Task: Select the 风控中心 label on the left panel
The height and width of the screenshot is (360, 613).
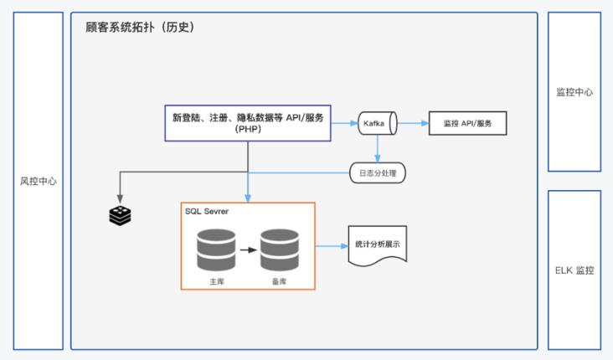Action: (39, 181)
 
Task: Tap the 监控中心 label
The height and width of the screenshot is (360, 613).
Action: (574, 92)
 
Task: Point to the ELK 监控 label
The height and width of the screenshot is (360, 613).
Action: (574, 270)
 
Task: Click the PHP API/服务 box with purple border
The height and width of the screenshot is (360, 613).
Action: (248, 123)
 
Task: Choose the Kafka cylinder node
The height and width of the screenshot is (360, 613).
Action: (378, 123)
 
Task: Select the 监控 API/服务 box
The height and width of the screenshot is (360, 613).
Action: (467, 123)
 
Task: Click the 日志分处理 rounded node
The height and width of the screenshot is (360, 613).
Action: (378, 173)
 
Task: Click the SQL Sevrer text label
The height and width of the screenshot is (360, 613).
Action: (208, 212)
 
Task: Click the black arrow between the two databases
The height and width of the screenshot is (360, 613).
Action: (248, 249)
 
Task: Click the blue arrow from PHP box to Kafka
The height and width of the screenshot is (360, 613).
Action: (344, 123)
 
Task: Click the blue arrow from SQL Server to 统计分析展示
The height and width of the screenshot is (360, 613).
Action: (332, 246)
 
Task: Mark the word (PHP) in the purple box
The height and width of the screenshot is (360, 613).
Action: (248, 131)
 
